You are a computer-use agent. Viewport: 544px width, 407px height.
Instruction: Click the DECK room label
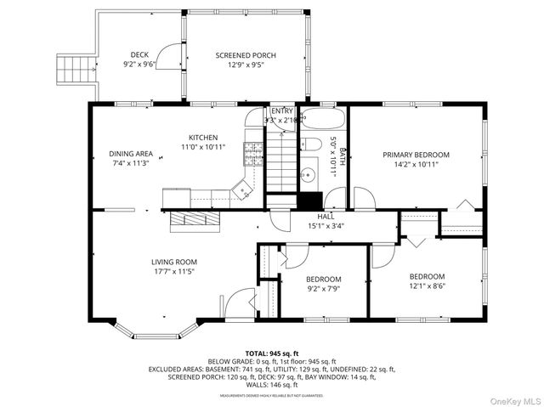click(139, 55)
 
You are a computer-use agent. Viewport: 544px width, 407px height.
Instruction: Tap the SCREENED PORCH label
click(246, 55)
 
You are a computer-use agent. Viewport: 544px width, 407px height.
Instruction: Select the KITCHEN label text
click(203, 138)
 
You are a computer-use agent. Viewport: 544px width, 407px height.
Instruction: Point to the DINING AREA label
click(130, 154)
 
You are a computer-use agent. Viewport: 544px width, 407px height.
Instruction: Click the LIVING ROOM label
click(174, 262)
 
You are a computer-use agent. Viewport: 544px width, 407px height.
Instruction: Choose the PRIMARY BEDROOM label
click(416, 155)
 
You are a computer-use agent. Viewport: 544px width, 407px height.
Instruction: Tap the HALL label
click(326, 217)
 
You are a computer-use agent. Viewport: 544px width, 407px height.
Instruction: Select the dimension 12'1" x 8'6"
click(427, 286)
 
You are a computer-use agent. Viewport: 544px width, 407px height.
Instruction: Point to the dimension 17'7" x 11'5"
click(174, 272)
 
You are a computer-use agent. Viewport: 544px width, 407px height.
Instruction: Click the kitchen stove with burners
click(253, 153)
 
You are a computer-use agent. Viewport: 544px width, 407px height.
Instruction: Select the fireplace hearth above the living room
click(195, 221)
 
